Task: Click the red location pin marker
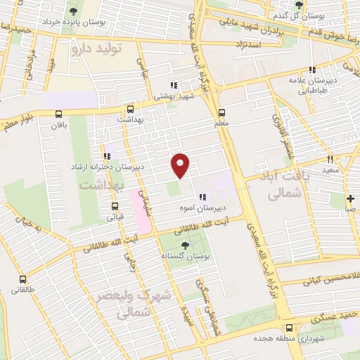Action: (x=181, y=165)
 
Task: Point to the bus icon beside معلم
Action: (x=221, y=112)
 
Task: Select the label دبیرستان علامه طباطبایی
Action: (x=314, y=85)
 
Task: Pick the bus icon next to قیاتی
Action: (x=115, y=206)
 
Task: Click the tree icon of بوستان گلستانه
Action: (x=184, y=245)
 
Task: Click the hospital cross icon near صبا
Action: (x=350, y=198)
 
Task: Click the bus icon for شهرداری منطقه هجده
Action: (x=290, y=328)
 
